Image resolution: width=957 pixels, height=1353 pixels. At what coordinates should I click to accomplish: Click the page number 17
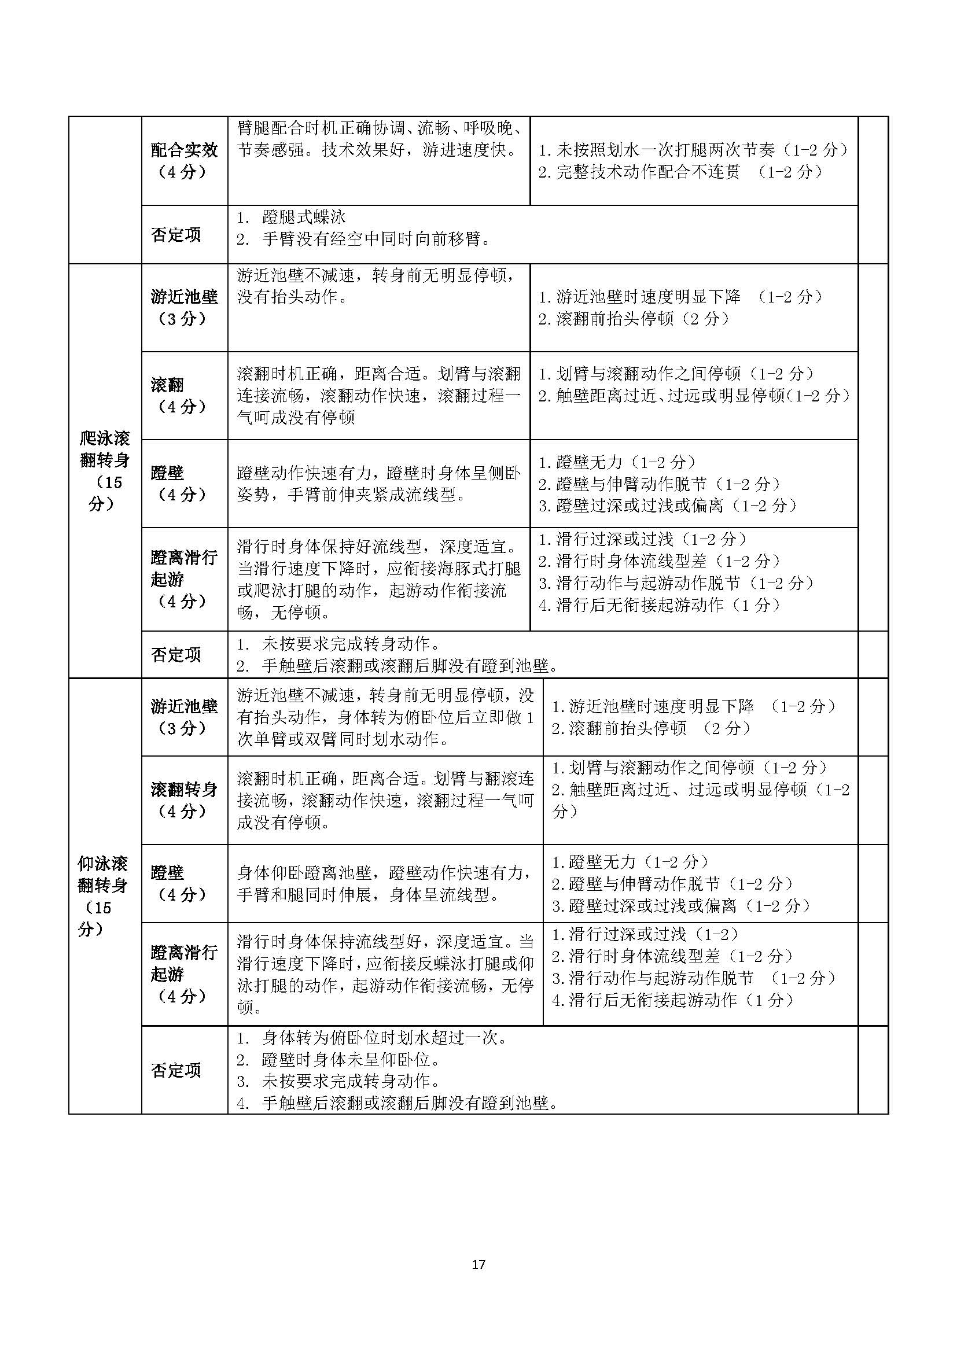478,1264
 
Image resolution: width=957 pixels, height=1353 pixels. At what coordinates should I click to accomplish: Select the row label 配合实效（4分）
184,160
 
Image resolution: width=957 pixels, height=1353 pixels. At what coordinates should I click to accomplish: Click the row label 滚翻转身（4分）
184,799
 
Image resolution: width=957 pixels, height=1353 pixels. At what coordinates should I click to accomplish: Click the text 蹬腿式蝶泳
304,217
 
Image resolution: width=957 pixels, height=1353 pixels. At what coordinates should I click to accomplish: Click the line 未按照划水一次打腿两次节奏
666,150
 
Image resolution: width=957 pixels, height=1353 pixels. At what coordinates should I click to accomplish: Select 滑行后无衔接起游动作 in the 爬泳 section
640,605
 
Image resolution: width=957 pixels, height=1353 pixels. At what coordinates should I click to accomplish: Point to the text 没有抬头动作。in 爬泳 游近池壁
292,297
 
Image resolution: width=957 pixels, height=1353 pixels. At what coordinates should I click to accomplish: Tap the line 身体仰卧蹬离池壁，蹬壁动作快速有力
384,873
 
